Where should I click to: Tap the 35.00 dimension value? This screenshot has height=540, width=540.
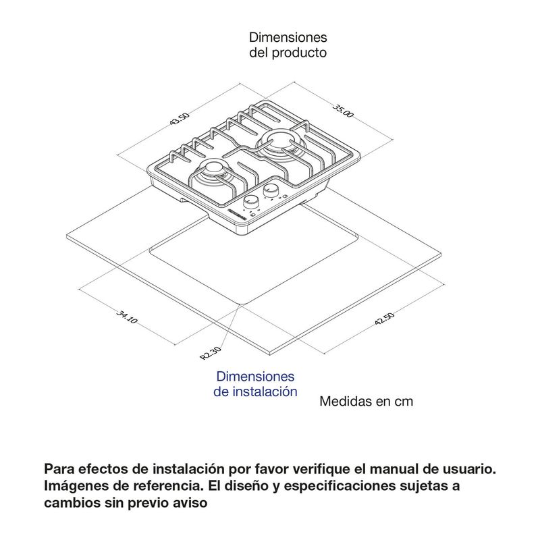[343, 110]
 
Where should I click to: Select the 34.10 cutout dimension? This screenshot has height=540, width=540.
[127, 317]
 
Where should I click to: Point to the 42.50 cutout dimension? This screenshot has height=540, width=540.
[384, 319]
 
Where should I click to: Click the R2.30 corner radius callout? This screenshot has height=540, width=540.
[211, 353]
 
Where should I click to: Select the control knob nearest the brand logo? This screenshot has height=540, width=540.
[250, 202]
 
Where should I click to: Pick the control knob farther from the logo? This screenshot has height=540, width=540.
[271, 190]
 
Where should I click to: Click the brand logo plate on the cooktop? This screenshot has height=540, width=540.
[238, 215]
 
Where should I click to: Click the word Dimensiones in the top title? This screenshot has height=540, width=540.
[288, 37]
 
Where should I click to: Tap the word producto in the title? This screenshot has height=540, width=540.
[299, 53]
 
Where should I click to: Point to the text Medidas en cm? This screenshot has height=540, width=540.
[366, 401]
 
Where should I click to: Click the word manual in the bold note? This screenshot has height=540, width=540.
[396, 468]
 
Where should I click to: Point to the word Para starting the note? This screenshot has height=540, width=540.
[59, 468]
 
